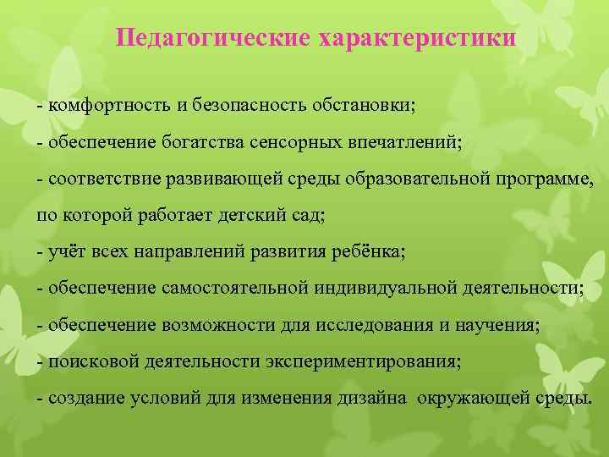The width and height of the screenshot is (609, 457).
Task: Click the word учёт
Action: pyautogui.click(x=66, y=252)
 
